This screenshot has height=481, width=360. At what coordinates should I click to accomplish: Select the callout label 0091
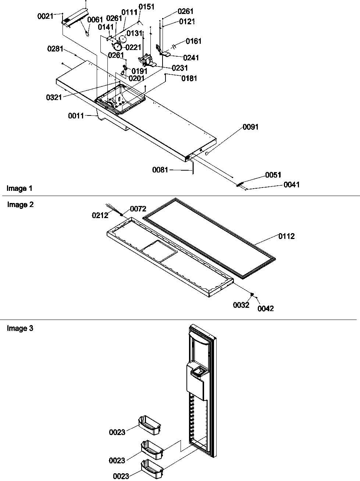click(x=250, y=127)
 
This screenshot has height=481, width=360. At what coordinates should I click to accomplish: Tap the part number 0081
click(x=160, y=170)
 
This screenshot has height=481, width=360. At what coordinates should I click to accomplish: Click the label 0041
click(x=291, y=185)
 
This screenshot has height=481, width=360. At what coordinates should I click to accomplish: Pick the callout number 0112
click(x=286, y=236)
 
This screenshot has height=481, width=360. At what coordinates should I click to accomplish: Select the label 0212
click(x=100, y=215)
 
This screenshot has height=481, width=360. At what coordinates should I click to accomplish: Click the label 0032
click(x=241, y=305)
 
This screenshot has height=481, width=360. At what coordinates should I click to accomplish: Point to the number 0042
click(x=265, y=309)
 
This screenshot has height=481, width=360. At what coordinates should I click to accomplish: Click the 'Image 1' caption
click(x=19, y=189)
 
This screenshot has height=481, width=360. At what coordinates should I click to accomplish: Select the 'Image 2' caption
click(x=20, y=205)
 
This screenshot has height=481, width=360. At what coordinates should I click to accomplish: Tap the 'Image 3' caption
click(x=20, y=328)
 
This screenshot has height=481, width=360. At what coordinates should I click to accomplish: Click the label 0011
click(x=76, y=116)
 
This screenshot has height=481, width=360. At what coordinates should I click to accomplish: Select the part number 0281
click(x=55, y=49)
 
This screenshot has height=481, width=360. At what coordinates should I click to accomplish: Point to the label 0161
click(x=193, y=41)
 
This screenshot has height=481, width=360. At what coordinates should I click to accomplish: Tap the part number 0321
click(x=54, y=97)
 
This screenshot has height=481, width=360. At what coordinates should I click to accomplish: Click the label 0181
click(x=189, y=78)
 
